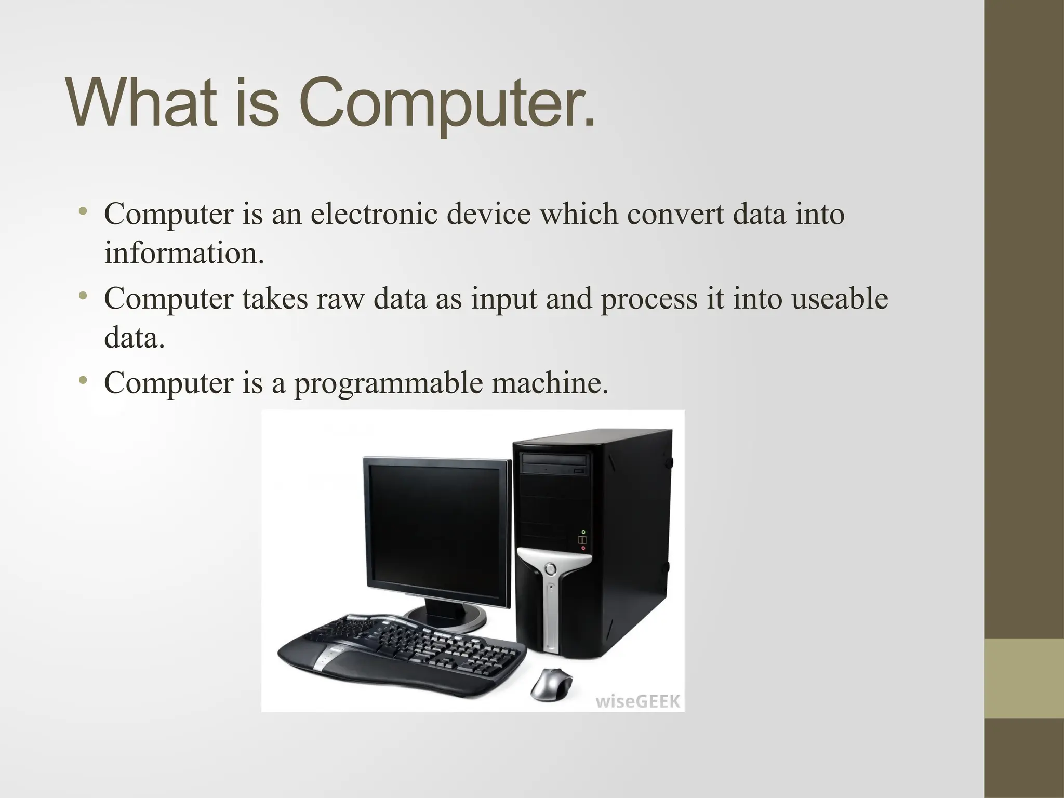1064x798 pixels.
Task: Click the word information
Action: coord(184,254)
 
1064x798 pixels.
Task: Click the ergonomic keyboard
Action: coord(400,649)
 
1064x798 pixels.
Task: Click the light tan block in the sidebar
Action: coord(1024,678)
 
